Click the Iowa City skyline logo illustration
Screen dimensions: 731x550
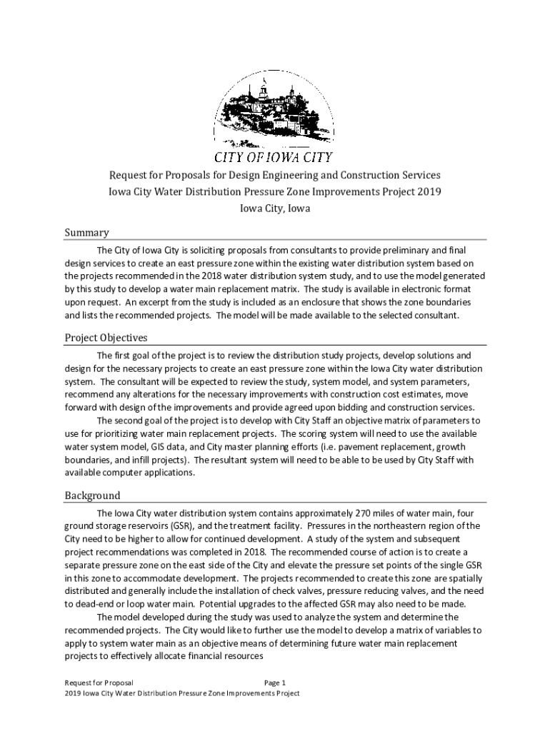pos(274,111)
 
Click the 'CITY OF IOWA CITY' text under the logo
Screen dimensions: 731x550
pos(274,157)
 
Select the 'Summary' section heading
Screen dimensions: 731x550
pos(86,232)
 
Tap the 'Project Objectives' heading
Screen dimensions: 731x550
pos(106,337)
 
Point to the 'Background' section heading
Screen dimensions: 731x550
pos(92,495)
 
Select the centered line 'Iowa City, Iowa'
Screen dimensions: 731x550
pos(274,208)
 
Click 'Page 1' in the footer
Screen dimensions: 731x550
pos(275,682)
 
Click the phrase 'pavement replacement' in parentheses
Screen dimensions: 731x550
pos(358,446)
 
